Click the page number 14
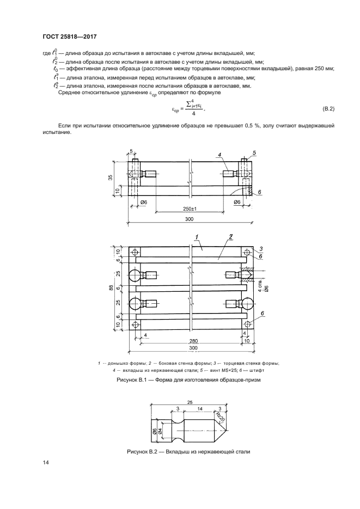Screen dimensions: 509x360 click(46, 463)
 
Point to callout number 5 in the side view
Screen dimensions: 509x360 click(254, 153)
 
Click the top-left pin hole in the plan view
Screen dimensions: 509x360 click(134, 253)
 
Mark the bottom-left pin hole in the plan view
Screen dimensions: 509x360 click(134, 326)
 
